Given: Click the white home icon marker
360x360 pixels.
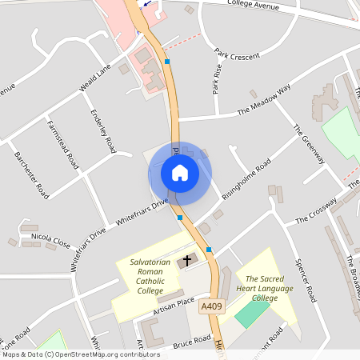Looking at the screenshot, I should (x=179, y=173).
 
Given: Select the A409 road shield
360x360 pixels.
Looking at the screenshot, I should (x=211, y=306).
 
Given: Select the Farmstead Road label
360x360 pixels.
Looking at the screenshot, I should (x=64, y=144).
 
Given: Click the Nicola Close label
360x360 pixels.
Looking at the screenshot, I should (x=51, y=238).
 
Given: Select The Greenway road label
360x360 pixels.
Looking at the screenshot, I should (x=308, y=144).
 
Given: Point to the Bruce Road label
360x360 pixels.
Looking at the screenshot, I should (x=191, y=342).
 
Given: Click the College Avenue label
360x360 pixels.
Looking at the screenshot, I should (x=252, y=6).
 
